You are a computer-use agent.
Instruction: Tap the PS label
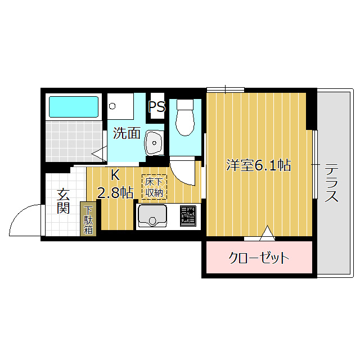pyautogui.click(x=157, y=107)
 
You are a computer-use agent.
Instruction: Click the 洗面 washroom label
pyautogui.click(x=127, y=133)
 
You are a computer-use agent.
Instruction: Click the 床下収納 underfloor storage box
pyautogui.click(x=154, y=187)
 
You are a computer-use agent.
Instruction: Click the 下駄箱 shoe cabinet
pyautogui.click(x=88, y=218)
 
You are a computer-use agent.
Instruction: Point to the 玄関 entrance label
pyautogui.click(x=63, y=201)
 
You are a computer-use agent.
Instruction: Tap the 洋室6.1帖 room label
pyautogui.click(x=258, y=165)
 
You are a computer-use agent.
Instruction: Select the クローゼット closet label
pyautogui.click(x=259, y=258)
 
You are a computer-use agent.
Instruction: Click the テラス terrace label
pyautogui.click(x=332, y=183)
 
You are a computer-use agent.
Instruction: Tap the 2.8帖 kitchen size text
pyautogui.click(x=115, y=193)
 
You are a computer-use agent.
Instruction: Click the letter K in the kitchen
pyautogui.click(x=115, y=174)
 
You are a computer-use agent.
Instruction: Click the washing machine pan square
pyautogui.click(x=120, y=106)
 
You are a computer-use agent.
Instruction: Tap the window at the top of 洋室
pyautogui.click(x=225, y=89)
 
